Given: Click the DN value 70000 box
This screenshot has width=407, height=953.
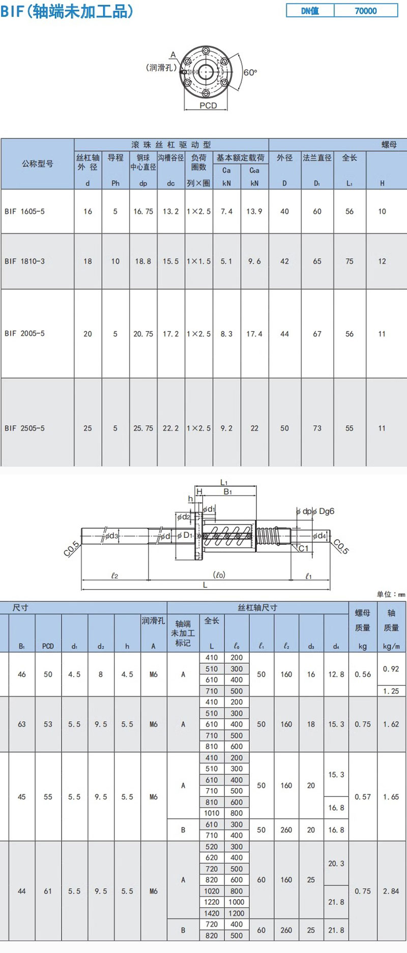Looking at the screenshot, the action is pyautogui.click(x=366, y=11).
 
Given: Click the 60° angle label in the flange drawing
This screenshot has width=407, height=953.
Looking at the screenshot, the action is pyautogui.click(x=250, y=73).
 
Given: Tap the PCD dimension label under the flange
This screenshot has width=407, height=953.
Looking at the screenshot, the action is pyautogui.click(x=208, y=106).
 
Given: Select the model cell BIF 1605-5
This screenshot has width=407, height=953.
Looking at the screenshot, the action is pyautogui.click(x=24, y=211).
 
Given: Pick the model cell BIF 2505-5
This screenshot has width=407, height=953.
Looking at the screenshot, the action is pyautogui.click(x=24, y=428).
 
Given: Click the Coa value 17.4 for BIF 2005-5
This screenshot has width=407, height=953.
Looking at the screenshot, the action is pyautogui.click(x=254, y=334).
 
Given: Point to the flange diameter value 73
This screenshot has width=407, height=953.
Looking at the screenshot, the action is pyautogui.click(x=317, y=428).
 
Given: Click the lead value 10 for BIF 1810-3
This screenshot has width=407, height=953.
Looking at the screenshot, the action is pyautogui.click(x=115, y=261).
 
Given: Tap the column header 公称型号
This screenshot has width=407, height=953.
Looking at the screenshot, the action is pyautogui.click(x=38, y=164).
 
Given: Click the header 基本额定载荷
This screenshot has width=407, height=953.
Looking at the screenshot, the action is pyautogui.click(x=241, y=158).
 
